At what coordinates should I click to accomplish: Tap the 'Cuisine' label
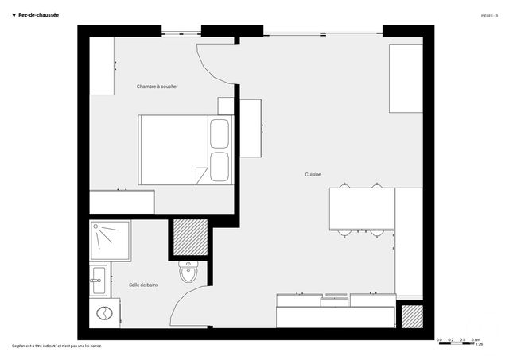(313, 174)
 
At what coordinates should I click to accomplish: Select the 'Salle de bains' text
(143, 284)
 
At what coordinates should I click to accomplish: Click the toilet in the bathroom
(188, 273)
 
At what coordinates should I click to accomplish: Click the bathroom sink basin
(99, 279)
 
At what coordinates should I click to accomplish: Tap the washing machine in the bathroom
(103, 312)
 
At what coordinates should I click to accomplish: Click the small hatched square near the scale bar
(410, 316)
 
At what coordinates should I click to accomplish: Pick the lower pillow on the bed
(219, 166)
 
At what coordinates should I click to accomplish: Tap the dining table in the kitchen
(362, 209)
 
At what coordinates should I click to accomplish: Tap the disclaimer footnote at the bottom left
(56, 346)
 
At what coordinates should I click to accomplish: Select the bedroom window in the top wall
(181, 33)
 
